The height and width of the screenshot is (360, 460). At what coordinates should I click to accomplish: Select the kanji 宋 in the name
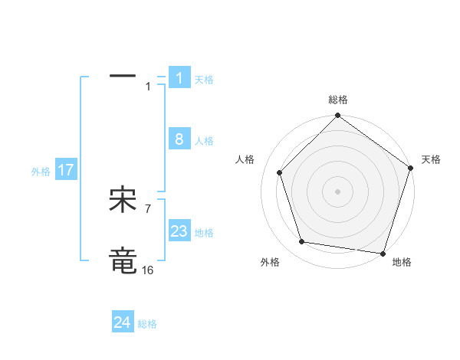pos(123,200)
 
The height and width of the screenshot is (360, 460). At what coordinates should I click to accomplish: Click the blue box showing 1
pos(179,78)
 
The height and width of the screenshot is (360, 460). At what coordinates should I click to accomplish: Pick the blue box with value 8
pos(179,139)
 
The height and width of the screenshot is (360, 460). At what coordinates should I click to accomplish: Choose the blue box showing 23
pos(179,231)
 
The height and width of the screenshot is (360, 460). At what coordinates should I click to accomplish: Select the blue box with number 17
pos(66,170)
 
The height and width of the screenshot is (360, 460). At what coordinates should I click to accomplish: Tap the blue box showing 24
pos(123,322)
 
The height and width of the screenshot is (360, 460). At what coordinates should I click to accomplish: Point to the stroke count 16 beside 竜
pos(147,270)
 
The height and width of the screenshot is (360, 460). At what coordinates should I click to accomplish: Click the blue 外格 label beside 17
pos(41,172)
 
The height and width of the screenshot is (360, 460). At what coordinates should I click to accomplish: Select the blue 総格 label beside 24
pos(147,324)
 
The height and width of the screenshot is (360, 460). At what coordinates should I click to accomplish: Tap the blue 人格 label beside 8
pos(204,141)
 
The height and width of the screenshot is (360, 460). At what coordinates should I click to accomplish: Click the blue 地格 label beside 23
pos(204,233)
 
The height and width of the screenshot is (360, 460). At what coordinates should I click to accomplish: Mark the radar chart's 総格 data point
pos(337,116)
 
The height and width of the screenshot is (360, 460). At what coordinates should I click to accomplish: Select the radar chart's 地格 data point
pos(383,253)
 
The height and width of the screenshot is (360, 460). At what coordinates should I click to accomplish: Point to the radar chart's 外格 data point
pos(302,242)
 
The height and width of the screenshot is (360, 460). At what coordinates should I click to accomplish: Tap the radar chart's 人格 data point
pos(280,172)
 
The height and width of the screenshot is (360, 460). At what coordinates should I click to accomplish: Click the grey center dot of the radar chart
pos(337,191)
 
